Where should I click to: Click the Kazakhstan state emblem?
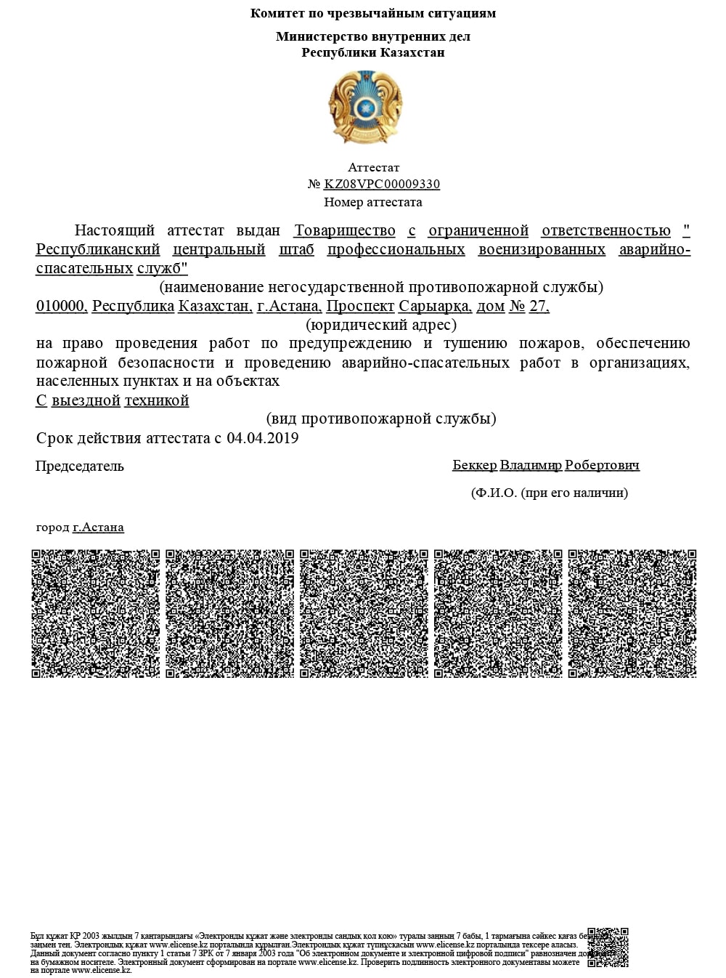[365, 106]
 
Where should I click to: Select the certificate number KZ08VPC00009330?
[382, 185]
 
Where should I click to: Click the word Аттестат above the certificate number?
[373, 168]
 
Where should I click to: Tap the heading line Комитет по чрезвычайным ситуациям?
[373, 13]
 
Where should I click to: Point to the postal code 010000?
[61, 306]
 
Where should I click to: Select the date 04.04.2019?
[263, 438]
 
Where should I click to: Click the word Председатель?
[80, 466]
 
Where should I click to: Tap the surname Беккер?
[474, 465]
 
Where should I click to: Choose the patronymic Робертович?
[602, 465]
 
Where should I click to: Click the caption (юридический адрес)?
[381, 325]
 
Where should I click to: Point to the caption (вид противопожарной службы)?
[381, 419]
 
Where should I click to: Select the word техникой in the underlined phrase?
[157, 400]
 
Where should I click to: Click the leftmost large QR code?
[96, 613]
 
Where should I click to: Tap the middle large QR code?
[364, 613]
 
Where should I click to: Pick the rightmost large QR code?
[632, 613]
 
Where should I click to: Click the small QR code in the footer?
[607, 947]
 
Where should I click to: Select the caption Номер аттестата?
[372, 202]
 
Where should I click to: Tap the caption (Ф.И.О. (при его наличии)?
[550, 493]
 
